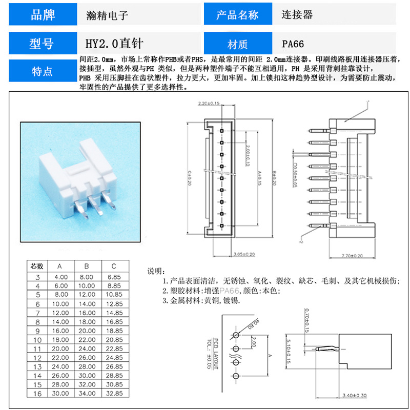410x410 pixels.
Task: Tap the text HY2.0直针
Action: pyautogui.click(x=114, y=44)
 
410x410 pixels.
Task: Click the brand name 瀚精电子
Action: pyautogui.click(x=107, y=15)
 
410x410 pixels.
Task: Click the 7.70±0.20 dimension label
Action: pyautogui.click(x=352, y=255)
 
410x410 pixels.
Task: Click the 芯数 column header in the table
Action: pyautogui.click(x=37, y=266)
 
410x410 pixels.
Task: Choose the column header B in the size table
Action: pyautogui.click(x=87, y=266)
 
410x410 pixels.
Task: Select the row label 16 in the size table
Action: pyautogui.click(x=37, y=394)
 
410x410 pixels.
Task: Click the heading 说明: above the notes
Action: pyautogui.click(x=156, y=271)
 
